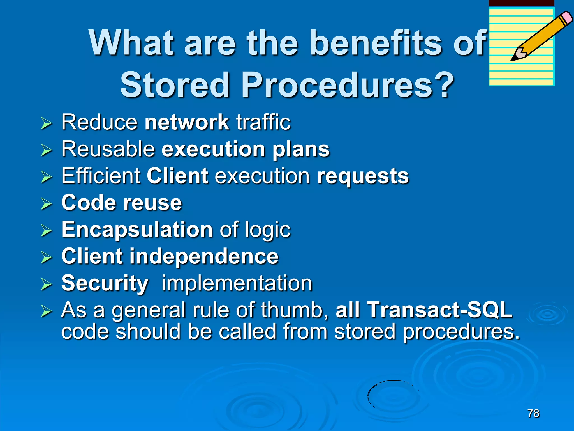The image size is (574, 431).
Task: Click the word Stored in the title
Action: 175,85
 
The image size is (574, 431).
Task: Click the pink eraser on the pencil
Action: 567,17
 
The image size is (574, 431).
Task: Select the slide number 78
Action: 533,413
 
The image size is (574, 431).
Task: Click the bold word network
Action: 187,122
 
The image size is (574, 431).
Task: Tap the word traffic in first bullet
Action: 263,122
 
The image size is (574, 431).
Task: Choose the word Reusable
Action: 108,149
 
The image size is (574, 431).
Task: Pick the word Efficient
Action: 101,176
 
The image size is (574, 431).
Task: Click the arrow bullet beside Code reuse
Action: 46,203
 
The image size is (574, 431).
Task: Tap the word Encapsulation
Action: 137,230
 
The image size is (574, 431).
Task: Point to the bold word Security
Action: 105,283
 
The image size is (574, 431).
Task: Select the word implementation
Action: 237,283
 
